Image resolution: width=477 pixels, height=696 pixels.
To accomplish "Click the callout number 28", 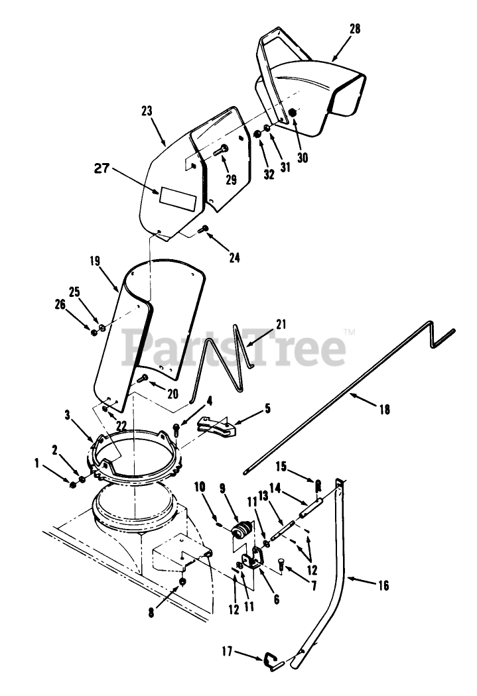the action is (354, 29).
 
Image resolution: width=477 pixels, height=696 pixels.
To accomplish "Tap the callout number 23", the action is (147, 111).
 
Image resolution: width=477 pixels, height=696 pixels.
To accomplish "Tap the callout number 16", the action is (383, 585).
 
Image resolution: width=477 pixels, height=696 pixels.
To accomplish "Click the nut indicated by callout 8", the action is (183, 582).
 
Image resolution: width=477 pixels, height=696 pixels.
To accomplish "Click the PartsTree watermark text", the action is (236, 348).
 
